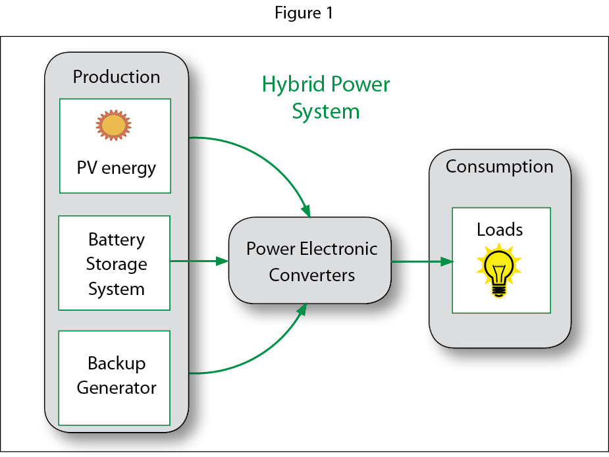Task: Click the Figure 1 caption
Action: [304, 14]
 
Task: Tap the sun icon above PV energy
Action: [114, 125]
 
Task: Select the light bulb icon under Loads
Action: [498, 270]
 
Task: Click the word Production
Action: [116, 77]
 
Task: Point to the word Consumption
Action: [499, 167]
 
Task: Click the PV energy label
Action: [116, 168]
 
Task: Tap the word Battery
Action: [116, 239]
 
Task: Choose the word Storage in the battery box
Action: [116, 264]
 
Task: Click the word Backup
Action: [117, 363]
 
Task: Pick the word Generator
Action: [116, 388]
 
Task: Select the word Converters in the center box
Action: [312, 275]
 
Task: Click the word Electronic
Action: [339, 249]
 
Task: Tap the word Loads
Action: [500, 230]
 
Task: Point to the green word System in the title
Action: [326, 112]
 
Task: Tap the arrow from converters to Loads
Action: [422, 261]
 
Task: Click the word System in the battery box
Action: [116, 289]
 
